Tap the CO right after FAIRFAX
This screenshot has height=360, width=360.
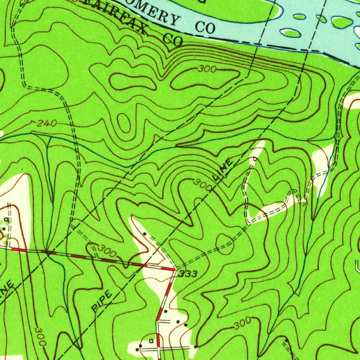coord(173,39)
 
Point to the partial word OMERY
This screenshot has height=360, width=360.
coord(158,13)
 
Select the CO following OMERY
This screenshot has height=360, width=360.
coord(205,27)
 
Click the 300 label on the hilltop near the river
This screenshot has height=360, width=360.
coord(207,70)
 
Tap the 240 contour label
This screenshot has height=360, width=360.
coord(46,123)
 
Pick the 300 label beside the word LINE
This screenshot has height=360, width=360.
coord(203,185)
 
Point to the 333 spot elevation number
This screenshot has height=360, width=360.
coord(187,274)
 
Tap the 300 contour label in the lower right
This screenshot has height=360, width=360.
coord(242,323)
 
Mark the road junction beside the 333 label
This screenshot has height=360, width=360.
coord(174,270)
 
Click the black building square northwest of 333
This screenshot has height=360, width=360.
coord(144,233)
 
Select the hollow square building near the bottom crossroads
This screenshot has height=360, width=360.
coord(151,341)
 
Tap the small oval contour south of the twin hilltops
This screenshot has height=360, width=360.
coord(123,123)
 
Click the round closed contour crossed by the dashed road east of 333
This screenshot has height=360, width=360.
coord(224,244)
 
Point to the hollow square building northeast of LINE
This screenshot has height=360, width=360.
coord(255,159)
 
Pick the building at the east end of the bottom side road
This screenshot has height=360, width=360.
coord(195,347)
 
